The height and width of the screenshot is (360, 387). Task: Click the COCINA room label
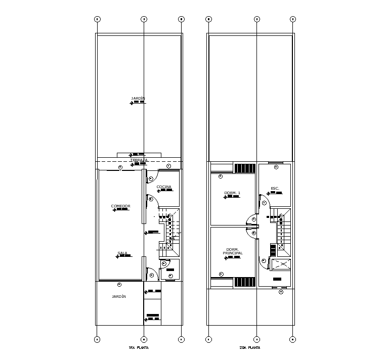[x=164, y=187]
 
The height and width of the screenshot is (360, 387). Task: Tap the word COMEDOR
[x=121, y=206]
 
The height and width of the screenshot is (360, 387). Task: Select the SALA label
[x=122, y=253]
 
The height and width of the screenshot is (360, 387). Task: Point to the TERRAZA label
[x=139, y=160]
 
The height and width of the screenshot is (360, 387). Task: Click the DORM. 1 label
[x=232, y=193]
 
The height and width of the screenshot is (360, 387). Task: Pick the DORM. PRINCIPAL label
[x=232, y=251]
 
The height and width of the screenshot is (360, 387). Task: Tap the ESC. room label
[x=275, y=189]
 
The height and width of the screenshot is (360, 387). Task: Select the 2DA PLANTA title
[x=250, y=348]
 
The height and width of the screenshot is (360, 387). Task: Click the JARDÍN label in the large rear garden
[x=138, y=99]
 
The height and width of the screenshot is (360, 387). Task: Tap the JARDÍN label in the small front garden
[x=119, y=297]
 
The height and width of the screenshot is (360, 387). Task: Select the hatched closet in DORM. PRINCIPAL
[x=245, y=282]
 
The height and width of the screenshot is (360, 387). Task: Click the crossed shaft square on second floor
[x=281, y=264]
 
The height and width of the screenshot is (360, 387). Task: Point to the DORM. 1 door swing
[x=250, y=218]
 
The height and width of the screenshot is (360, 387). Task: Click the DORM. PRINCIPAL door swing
[x=250, y=231]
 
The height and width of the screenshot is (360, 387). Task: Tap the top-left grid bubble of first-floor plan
[x=97, y=19]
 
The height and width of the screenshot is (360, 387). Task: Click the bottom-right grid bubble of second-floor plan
[x=292, y=339]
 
